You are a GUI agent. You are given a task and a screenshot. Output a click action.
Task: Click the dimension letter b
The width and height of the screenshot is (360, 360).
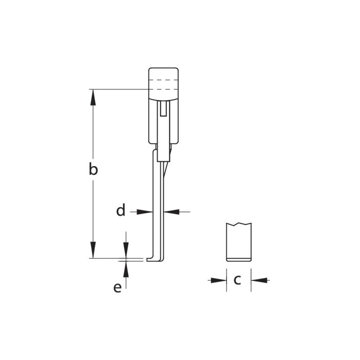[93, 170]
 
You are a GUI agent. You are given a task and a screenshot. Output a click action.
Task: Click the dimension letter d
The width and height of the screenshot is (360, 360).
[121, 210]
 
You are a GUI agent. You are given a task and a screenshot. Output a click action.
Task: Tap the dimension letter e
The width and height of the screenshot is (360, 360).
[117, 288]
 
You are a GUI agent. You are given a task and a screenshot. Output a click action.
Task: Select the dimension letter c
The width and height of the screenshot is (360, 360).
[238, 280]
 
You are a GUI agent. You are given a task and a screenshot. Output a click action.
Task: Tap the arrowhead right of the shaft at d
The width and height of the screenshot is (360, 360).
[171, 211]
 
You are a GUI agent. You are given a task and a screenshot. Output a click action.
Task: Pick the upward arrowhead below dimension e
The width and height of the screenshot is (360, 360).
[126, 269]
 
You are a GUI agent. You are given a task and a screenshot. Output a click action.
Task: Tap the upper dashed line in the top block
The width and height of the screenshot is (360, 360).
[164, 80]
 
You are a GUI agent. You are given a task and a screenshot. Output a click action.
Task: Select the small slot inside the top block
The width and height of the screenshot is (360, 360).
[164, 108]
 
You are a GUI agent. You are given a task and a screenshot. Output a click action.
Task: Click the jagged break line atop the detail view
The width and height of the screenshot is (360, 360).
[239, 224]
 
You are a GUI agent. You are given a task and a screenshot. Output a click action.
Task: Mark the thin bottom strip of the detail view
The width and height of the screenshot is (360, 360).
[239, 259]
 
